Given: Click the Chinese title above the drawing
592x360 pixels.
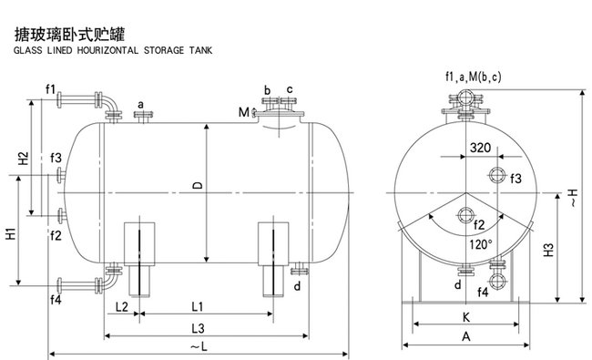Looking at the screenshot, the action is tap(69, 35).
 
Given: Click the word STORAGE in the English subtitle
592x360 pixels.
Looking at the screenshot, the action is tap(164, 50).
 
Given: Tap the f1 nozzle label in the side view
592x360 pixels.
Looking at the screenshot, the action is tap(51, 89).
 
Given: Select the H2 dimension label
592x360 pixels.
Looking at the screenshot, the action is tap(24, 158).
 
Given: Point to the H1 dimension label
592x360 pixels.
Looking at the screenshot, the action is tap(11, 233).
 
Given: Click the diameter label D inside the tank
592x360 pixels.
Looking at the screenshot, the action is tap(198, 185).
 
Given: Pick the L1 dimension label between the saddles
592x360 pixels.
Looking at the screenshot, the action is tap(198, 306).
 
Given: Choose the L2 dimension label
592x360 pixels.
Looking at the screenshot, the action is tap(121, 307).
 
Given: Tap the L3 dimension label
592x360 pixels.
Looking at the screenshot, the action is tap(198, 328).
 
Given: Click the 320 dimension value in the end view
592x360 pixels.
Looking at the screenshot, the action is tap(480, 148).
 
